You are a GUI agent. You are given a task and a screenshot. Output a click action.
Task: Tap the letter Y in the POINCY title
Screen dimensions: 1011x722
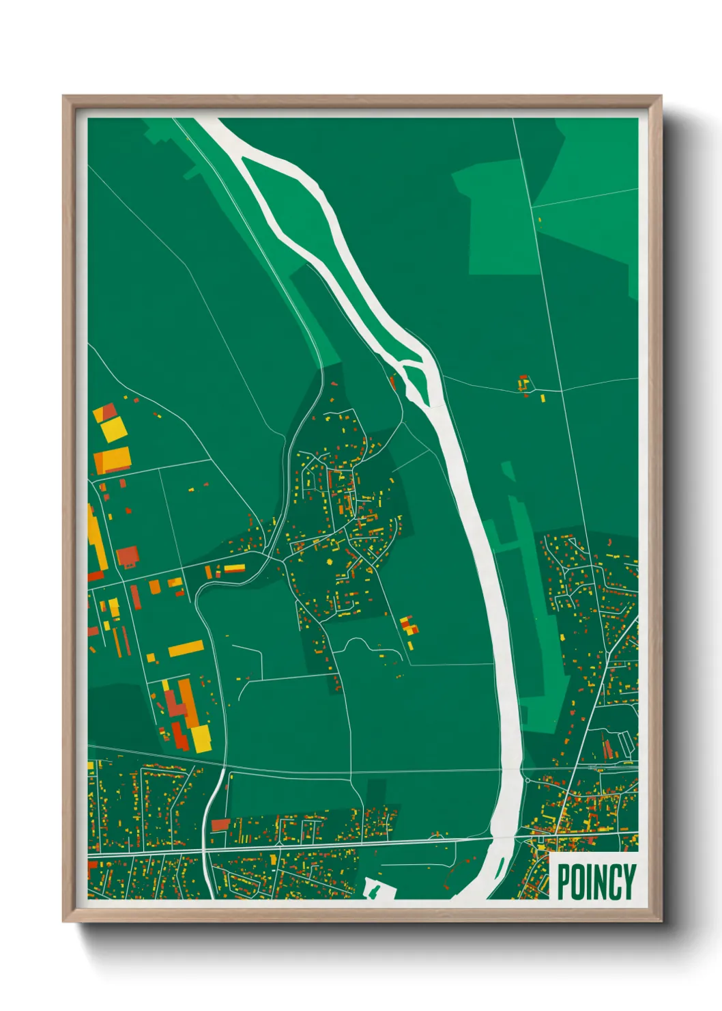pos(629,882)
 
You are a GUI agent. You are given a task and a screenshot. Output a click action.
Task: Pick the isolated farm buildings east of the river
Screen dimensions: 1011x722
pos(524,383)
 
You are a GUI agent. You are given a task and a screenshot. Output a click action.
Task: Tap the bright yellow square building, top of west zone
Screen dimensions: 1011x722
pos(114,430)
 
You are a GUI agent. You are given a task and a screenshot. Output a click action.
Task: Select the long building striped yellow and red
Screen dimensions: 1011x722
pos(234,568)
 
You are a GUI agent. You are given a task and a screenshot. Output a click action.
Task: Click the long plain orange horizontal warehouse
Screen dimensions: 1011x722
pos(186,648)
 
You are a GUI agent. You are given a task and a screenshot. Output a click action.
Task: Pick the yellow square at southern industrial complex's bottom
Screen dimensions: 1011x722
pos(201,738)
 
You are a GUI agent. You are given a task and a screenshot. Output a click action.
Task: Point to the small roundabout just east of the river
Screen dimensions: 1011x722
pos(527,779)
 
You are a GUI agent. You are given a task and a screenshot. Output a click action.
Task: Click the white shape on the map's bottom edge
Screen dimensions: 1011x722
pos(374,889)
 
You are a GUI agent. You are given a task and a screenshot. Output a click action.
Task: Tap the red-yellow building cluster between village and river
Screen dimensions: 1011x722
pos(408,625)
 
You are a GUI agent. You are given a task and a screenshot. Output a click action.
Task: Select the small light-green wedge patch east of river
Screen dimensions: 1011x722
pos(508,471)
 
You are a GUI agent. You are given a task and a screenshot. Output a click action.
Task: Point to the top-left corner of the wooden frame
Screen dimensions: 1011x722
pos(63,97)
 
